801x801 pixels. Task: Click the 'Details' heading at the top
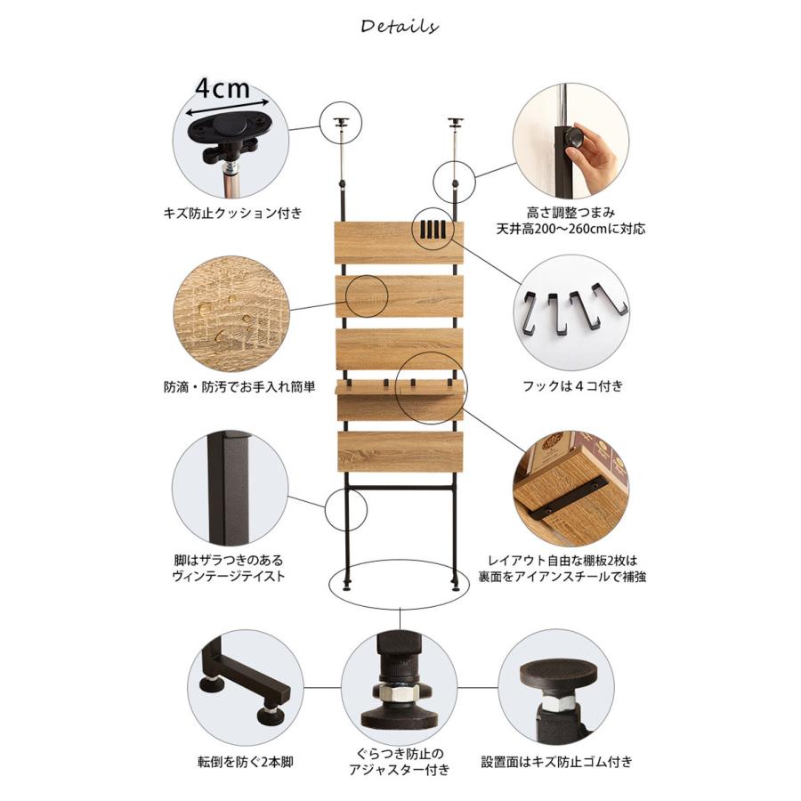tap(399, 26)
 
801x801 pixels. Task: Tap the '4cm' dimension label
tap(222, 88)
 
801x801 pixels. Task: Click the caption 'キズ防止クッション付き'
tap(233, 213)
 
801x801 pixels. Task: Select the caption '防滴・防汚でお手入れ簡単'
tap(239, 387)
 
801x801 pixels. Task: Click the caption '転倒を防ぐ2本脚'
tap(246, 762)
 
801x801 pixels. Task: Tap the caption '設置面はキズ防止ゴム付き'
tap(557, 762)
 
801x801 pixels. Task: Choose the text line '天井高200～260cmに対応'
tap(570, 229)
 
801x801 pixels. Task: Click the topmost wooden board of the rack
tap(399, 242)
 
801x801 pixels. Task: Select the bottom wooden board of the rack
tap(400, 452)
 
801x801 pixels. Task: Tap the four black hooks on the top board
tap(433, 230)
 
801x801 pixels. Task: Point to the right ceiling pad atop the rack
tap(456, 123)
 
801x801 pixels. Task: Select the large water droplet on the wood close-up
tap(206, 309)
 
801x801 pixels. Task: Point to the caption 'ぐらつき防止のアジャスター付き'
tap(399, 762)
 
